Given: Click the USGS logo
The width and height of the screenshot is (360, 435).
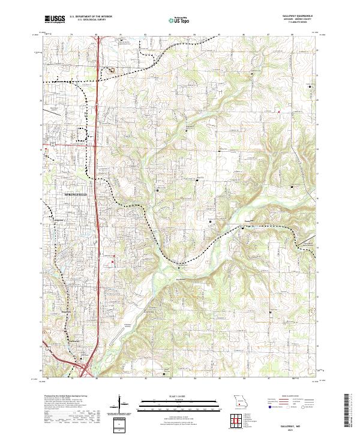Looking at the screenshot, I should point(55,19).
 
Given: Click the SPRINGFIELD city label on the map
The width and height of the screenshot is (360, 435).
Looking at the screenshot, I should point(75,195).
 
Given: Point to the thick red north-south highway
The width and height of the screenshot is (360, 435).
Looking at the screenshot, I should point(97,180).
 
